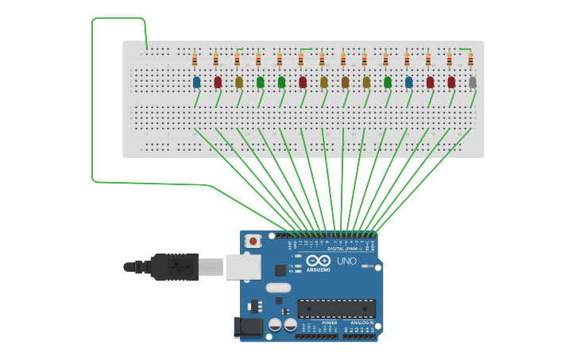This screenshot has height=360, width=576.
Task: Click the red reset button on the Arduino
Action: [253, 240]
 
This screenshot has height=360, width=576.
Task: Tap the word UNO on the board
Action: [347, 261]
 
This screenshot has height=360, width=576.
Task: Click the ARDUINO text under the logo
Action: [318, 269]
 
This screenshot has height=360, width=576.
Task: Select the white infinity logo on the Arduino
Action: [318, 260]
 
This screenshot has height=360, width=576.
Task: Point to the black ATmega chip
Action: [337, 308]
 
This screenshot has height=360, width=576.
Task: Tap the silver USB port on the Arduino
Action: [243, 266]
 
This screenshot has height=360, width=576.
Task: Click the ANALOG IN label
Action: [362, 323]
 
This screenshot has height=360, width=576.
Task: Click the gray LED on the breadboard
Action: [473, 82]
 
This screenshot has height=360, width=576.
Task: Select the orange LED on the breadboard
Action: [345, 82]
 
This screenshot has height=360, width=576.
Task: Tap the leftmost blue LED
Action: [196, 82]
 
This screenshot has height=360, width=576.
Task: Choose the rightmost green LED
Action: [388, 82]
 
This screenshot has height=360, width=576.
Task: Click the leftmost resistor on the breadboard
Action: [195, 59]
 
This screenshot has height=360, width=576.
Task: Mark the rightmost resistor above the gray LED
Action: [470, 59]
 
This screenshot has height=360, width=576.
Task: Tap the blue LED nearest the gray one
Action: [409, 82]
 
